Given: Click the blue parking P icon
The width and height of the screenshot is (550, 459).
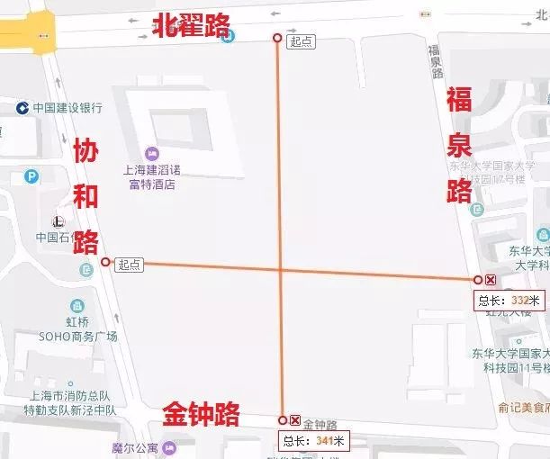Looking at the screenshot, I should (x=32, y=177).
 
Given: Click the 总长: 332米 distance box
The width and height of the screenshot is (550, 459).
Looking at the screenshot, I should (x=509, y=301).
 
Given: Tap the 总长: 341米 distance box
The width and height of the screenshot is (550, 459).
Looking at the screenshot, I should (x=313, y=440).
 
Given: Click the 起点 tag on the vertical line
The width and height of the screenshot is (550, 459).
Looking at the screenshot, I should (x=300, y=41).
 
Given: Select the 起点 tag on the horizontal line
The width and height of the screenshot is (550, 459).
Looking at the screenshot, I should (x=129, y=264).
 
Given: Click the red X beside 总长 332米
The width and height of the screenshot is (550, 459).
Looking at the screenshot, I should (x=491, y=280).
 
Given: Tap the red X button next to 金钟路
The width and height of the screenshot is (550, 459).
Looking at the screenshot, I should (x=295, y=419).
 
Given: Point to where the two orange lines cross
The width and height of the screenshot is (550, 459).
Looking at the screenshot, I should (x=281, y=268).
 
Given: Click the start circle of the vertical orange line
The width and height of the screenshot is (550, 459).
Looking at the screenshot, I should (x=277, y=37).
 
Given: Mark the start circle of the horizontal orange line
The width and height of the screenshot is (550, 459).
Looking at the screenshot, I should (x=106, y=262).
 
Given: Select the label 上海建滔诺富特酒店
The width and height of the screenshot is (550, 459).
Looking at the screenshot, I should (x=151, y=178).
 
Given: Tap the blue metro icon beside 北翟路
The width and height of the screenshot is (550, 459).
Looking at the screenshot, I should (x=230, y=35).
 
